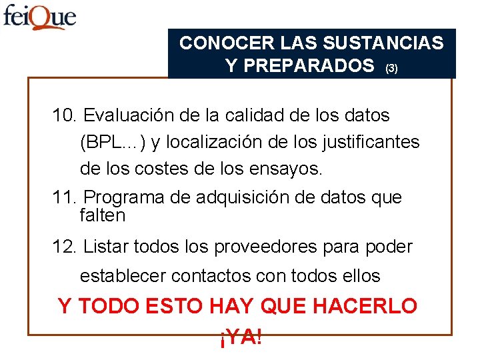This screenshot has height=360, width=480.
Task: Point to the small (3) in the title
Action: (x=391, y=68)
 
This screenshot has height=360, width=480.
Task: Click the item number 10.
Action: (x=65, y=115)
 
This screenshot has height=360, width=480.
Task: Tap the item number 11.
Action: (x=65, y=197)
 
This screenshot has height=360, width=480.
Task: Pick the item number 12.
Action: (x=65, y=247)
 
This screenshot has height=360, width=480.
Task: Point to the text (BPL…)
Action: (x=108, y=143)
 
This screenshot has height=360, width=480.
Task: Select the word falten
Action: (x=102, y=216)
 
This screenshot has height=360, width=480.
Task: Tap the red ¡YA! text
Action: (x=240, y=337)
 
